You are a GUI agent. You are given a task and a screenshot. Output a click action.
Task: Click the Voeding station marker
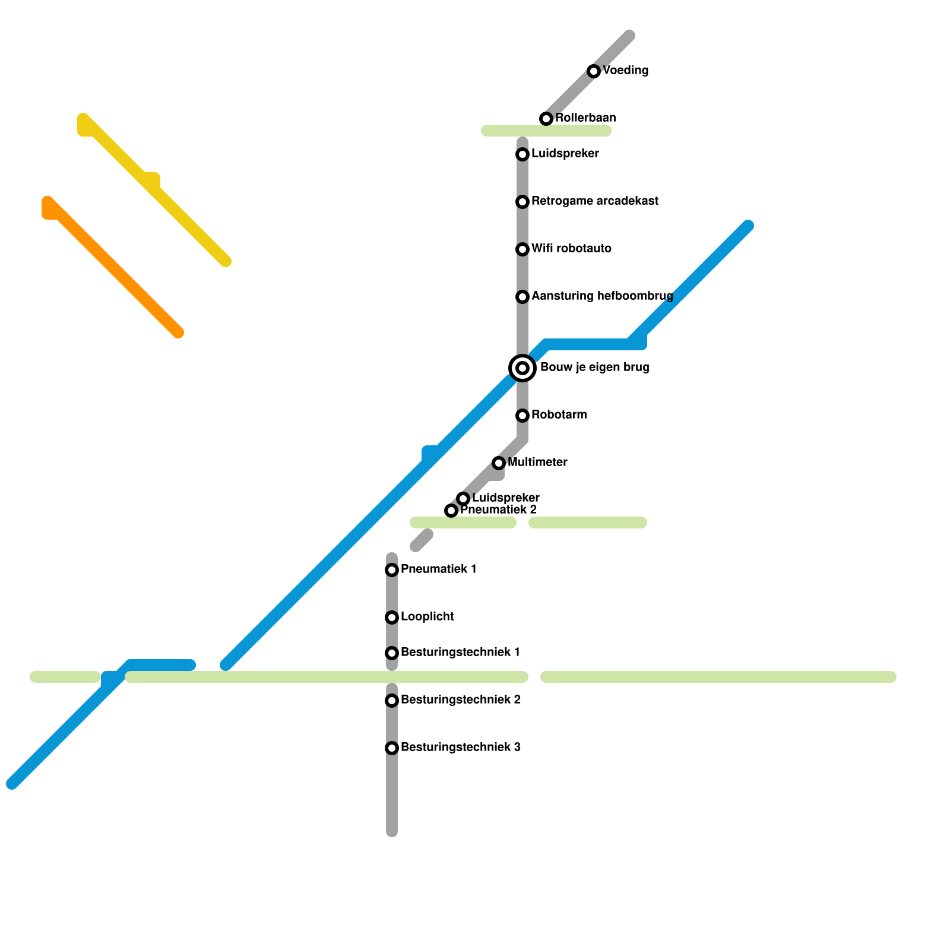tap(594, 71)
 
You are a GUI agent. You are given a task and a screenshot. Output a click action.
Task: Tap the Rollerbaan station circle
tap(546, 119)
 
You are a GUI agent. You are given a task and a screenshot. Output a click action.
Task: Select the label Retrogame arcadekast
tap(594, 201)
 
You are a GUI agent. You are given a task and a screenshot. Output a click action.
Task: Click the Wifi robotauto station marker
tap(522, 249)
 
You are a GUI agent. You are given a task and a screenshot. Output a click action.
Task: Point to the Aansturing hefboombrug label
tap(602, 296)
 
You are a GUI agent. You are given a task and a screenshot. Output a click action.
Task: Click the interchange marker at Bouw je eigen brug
tap(522, 368)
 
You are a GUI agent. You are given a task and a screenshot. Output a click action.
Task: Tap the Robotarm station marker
tap(522, 416)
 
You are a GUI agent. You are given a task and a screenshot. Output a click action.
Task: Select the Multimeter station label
tap(537, 463)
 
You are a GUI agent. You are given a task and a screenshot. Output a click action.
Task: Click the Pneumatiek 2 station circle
tap(451, 511)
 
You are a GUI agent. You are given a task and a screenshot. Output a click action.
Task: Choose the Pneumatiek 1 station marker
tap(392, 570)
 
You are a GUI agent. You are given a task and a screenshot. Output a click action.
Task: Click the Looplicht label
tap(427, 617)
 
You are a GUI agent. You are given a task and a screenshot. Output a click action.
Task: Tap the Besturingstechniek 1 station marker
tap(392, 653)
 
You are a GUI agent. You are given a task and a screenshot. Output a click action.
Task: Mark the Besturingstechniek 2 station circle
tap(392, 701)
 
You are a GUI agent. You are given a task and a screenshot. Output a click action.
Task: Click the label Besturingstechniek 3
tap(460, 748)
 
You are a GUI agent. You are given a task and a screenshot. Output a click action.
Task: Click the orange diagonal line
tap(113, 267)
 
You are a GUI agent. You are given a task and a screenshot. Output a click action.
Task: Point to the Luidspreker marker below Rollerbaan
tap(522, 154)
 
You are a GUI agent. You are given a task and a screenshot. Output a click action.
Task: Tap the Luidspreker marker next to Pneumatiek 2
tap(463, 499)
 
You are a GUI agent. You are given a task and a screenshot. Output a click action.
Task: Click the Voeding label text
tap(625, 71)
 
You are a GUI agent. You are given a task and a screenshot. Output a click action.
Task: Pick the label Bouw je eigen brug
tap(594, 368)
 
